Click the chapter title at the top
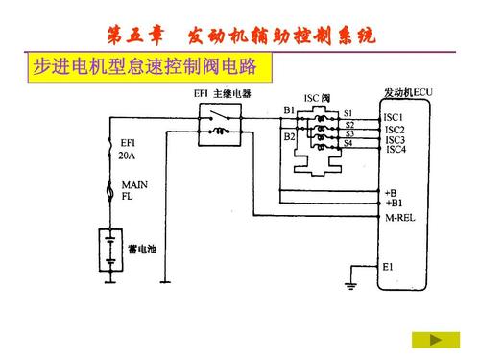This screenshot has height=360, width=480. click(240, 37)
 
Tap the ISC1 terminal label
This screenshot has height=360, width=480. click(394, 118)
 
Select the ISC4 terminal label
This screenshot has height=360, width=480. click(395, 150)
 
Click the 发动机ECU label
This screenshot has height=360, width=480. click(408, 92)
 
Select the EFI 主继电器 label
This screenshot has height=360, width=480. click(223, 93)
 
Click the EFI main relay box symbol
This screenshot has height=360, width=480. click(220, 125)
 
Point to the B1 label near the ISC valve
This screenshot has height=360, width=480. click(289, 111)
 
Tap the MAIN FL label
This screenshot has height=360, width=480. click(132, 190)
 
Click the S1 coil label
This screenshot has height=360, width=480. click(348, 113)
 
